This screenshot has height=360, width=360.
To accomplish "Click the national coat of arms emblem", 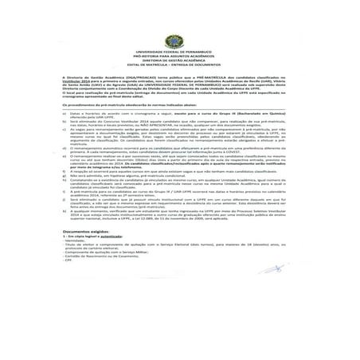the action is coord(179,41).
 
